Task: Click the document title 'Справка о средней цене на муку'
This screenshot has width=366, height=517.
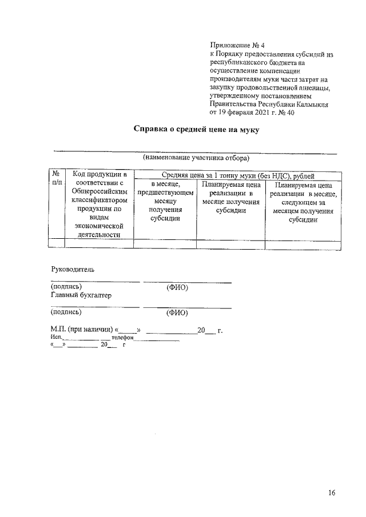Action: [196, 130]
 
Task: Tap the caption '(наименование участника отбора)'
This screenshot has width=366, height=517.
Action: [196, 157]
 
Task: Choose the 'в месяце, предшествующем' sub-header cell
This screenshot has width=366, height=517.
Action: [165, 202]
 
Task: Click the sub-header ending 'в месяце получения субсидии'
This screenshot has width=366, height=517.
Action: [230, 198]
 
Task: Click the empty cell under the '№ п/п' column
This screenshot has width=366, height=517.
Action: [56, 244]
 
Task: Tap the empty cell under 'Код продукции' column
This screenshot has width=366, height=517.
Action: [100, 244]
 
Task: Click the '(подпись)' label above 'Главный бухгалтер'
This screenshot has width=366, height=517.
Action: [66, 287]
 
